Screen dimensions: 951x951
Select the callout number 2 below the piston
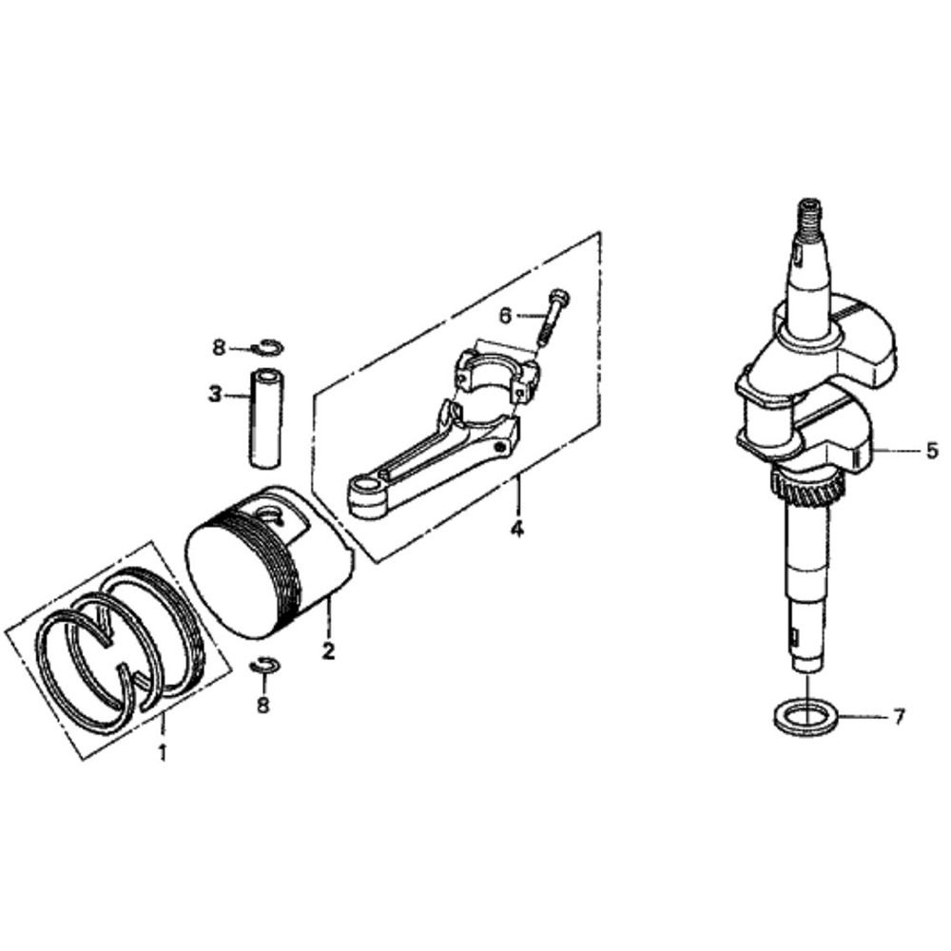pos(328,651)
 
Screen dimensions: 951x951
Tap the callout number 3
pos(216,393)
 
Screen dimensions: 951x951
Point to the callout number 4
pos(517,529)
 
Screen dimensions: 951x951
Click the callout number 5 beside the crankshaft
pos(931,452)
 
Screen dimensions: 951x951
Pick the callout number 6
pos(505,314)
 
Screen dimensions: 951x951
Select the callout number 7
pos(899,715)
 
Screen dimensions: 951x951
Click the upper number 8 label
pos(219,348)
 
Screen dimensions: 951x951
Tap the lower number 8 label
pos(262,705)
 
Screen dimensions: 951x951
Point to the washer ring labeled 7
pos(806,716)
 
